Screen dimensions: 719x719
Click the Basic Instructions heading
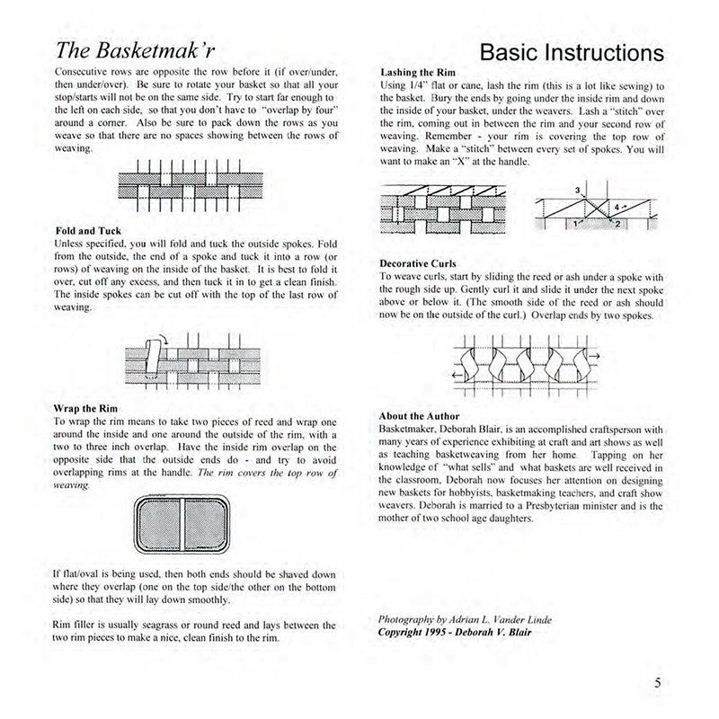[x=572, y=51]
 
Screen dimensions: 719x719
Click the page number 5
[x=659, y=682]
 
